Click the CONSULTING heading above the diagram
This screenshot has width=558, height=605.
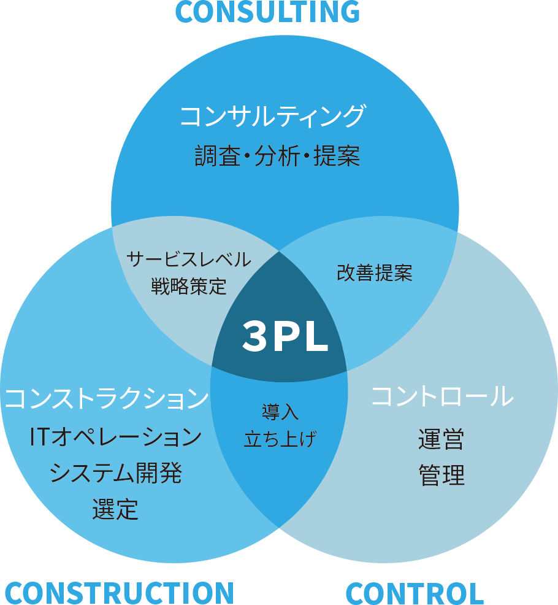point(267,12)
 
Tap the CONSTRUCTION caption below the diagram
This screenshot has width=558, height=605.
point(119,592)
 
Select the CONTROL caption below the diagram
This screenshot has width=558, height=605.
point(415,593)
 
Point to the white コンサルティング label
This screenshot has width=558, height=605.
point(272,116)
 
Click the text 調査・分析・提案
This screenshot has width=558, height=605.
point(277,156)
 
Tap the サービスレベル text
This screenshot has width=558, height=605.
point(189,260)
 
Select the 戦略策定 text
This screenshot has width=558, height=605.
point(189,286)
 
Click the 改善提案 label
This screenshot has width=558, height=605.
point(375,273)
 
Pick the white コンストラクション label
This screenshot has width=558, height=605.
point(107,398)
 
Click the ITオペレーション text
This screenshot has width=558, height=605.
point(115,437)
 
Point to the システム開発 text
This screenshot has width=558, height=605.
point(115,473)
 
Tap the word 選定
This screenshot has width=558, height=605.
point(115,509)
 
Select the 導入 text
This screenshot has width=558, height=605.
point(280,412)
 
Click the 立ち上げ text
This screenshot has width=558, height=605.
point(280,439)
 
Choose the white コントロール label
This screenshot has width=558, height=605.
point(442,396)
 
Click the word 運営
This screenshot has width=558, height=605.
point(441,439)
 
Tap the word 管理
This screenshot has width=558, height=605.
point(441,476)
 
